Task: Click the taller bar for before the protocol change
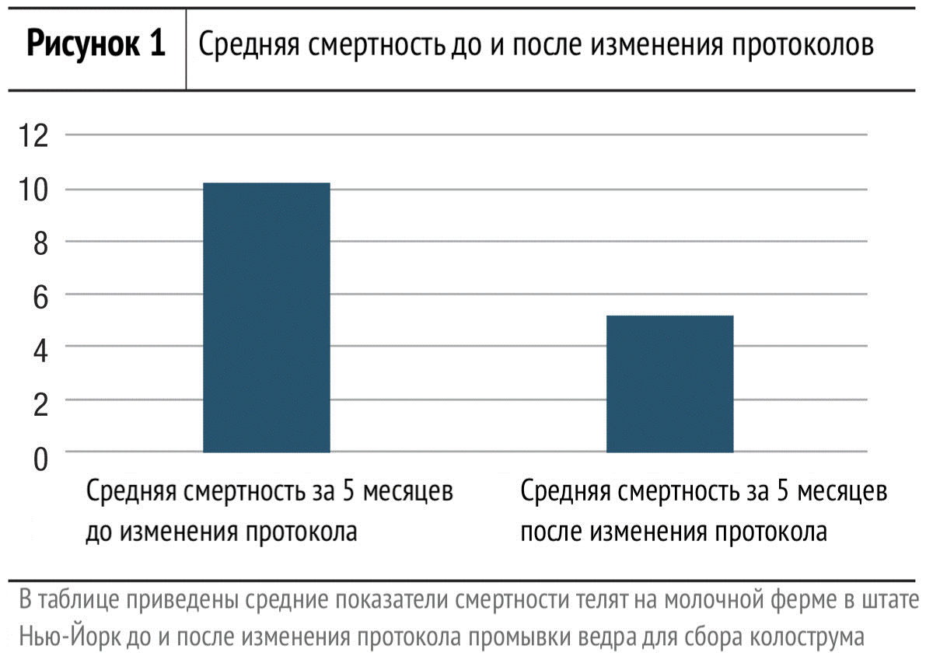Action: pos(267,317)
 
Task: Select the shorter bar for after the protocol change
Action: pos(669,384)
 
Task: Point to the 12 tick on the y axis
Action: pos(33,136)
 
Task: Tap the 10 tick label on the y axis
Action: pos(33,190)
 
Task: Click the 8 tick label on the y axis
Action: pos(40,243)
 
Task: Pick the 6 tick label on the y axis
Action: pos(40,298)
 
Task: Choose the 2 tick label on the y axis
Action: pos(40,404)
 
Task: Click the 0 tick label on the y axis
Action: pos(40,459)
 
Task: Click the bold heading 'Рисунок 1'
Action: pos(96,44)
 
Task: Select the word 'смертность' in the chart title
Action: pos(377,44)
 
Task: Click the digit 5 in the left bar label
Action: pos(348,490)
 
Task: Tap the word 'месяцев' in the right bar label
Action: pos(842,491)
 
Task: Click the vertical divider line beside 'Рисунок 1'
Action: pos(186,49)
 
